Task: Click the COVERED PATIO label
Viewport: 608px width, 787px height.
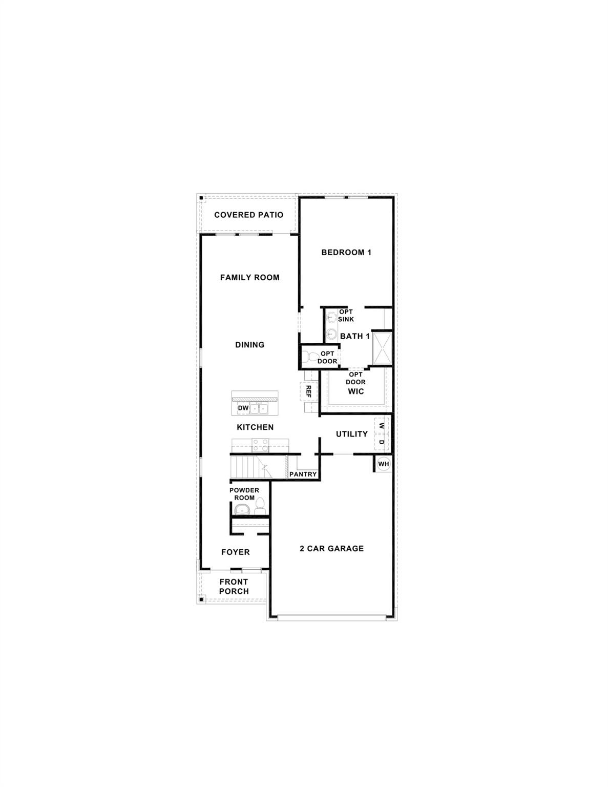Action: point(248,215)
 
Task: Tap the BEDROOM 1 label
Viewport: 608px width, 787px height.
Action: point(346,252)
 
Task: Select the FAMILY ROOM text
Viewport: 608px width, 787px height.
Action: point(249,277)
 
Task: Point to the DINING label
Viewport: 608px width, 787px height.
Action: point(249,345)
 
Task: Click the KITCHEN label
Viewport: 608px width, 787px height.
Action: point(255,427)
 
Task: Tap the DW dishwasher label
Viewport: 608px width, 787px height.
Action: point(243,408)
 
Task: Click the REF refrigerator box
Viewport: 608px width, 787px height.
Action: point(308,391)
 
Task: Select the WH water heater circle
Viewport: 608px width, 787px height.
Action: point(383,464)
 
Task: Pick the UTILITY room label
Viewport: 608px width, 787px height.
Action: point(351,434)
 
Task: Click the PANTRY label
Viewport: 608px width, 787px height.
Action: point(303,474)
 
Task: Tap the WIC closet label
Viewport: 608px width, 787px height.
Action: point(355,391)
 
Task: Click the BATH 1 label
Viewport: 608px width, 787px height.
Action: point(355,336)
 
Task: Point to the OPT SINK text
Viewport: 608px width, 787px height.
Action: point(346,316)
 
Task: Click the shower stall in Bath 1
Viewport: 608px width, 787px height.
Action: point(382,348)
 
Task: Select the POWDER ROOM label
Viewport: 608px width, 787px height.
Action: point(244,494)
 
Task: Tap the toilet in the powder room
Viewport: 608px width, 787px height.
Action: point(260,507)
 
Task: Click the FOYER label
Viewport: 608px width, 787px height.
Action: point(235,552)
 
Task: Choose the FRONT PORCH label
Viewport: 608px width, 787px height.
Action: point(234,586)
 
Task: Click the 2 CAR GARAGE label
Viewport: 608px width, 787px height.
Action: point(331,548)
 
